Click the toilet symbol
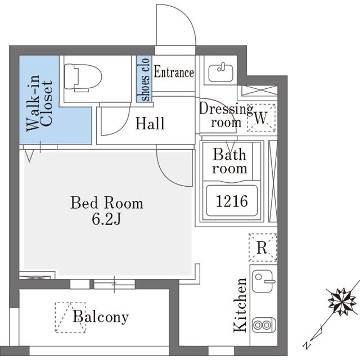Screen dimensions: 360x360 coord(83,78)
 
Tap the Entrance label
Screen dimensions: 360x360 coord(174,72)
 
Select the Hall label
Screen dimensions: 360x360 coord(150,124)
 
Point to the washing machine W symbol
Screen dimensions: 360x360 coord(261,118)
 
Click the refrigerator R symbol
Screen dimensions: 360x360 coord(263,247)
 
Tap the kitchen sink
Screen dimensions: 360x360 coord(263,281)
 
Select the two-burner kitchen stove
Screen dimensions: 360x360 coord(264,325)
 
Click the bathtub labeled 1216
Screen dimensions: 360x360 coord(232,201)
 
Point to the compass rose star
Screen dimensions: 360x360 coord(343,301)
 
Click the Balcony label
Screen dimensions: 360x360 coord(101,317)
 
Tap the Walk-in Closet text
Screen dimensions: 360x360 coord(39,103)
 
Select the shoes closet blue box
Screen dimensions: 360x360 coord(144,79)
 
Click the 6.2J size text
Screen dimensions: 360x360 coord(106,219)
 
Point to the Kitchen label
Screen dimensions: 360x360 coord(240,305)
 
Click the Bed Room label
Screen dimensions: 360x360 coord(107,202)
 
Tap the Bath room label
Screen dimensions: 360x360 coord(229,161)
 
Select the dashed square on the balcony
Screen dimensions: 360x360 coord(70,317)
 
